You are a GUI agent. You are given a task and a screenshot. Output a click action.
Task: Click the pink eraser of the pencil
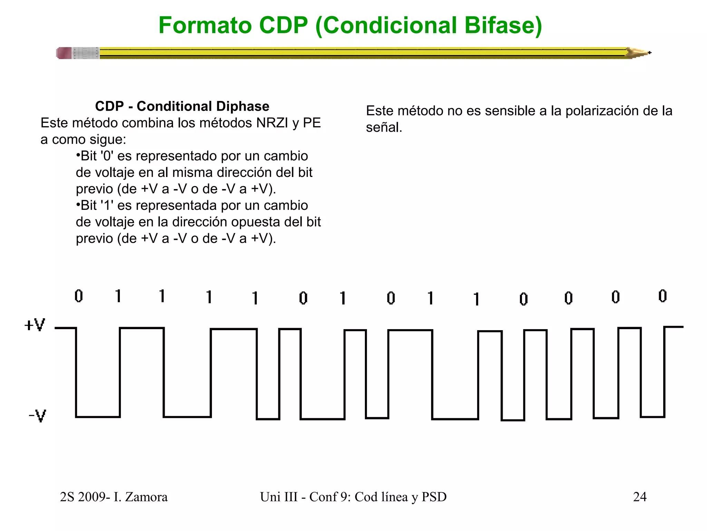64,53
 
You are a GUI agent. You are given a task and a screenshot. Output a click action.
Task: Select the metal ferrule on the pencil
86,53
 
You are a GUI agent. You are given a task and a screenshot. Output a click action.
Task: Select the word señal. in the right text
384,128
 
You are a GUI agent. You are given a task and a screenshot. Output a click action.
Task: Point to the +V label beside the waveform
35,325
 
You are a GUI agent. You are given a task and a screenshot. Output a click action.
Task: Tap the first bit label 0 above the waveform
79,296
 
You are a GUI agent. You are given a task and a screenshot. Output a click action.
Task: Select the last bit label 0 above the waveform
662,296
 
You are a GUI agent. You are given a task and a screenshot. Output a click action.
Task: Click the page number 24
640,497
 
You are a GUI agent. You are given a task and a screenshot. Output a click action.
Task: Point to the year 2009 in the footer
91,497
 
